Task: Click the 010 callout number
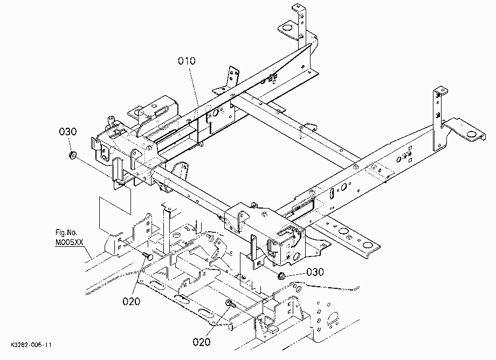(187, 61)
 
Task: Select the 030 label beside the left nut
(68, 131)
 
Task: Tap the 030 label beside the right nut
(315, 272)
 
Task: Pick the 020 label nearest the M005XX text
(131, 301)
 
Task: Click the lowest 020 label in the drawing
(202, 342)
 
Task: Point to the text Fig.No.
(66, 233)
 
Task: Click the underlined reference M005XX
(69, 243)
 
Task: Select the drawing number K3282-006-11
(31, 344)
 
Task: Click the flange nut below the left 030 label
(72, 155)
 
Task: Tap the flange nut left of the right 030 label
(281, 276)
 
